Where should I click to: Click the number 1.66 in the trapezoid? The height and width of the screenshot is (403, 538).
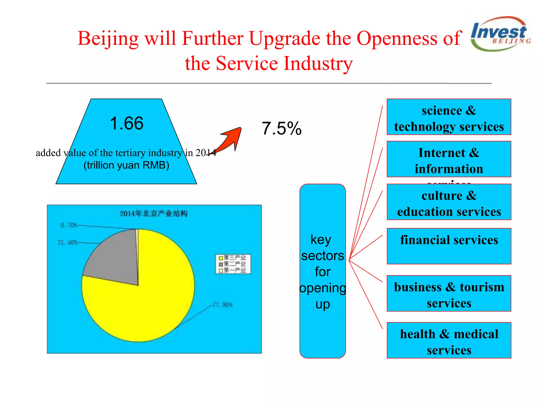[127, 123]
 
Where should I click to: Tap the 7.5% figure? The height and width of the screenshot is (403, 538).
[282, 129]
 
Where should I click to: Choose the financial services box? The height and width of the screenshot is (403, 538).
[449, 246]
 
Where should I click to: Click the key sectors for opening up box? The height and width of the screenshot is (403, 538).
[323, 271]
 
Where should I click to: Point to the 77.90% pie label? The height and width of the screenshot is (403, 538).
[223, 305]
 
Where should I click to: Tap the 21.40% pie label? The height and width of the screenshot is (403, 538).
[68, 242]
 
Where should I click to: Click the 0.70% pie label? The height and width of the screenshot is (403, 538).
[69, 225]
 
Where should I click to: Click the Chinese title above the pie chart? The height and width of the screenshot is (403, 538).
[153, 214]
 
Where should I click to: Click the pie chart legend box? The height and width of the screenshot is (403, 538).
[233, 264]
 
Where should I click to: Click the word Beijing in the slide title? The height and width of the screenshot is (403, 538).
[108, 39]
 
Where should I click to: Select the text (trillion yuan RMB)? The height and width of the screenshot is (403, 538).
[126, 165]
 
